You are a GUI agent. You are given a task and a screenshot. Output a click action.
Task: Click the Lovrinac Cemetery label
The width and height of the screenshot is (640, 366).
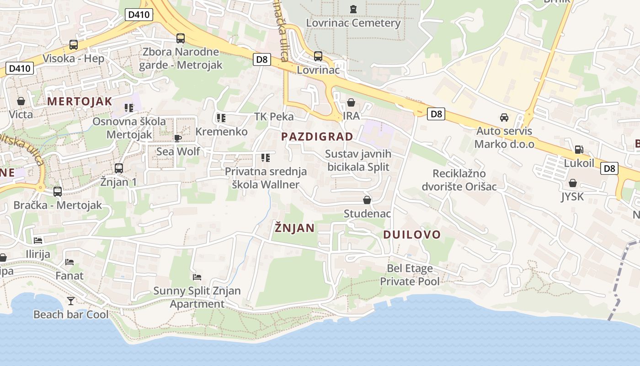[353, 23]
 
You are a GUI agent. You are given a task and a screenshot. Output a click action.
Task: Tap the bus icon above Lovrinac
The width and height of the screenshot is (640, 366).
[318, 56]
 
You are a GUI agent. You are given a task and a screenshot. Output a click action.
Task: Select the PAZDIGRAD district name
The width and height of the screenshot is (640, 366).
[317, 136]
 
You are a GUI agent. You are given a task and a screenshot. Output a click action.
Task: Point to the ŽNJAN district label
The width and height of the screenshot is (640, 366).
[295, 228]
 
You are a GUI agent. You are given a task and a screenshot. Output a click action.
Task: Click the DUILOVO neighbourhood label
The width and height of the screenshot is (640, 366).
[412, 235]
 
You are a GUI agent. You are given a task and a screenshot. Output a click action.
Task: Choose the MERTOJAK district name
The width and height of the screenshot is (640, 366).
[80, 102]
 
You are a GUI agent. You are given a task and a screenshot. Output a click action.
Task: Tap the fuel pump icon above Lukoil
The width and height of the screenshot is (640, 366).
[579, 150]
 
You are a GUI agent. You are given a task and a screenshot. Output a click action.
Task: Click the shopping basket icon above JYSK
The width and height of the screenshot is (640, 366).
[572, 183]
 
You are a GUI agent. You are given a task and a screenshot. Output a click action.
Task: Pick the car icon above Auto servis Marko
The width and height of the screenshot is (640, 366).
[504, 118]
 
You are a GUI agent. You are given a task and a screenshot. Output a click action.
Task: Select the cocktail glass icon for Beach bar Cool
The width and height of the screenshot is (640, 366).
[71, 301]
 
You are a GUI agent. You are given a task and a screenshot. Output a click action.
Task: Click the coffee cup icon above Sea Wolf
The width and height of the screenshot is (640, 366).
[178, 138]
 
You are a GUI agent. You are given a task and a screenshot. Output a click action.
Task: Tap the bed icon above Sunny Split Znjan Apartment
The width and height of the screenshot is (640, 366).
[197, 277]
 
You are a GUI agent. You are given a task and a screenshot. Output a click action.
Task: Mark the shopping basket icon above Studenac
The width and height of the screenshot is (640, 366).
[367, 200]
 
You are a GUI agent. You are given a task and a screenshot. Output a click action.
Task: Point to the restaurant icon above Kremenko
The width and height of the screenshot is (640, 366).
[221, 118]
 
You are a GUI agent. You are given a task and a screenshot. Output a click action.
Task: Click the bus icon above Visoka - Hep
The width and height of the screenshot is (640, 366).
[74, 45]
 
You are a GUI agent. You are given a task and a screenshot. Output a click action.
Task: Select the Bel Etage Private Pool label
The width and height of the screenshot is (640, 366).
[410, 274]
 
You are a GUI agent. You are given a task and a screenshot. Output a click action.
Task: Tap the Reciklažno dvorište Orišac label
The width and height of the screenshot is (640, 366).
[465, 180]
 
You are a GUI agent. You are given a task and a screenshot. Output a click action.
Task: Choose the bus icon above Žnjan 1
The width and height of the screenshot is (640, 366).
[119, 168]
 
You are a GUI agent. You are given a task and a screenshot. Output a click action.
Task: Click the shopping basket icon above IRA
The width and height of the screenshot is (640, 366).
[351, 102]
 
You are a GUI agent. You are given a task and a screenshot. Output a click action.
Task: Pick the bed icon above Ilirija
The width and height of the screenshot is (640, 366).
[38, 240]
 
